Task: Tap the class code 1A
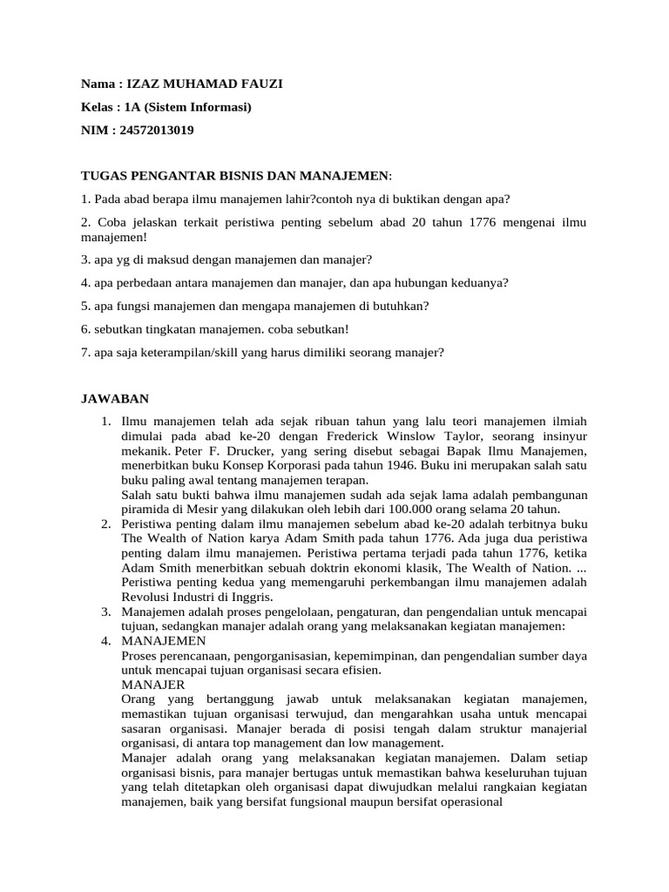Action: (134, 107)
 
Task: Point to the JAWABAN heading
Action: (115, 399)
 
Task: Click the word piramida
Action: (149, 510)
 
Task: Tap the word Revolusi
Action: (149, 597)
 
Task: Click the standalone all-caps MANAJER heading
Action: (153, 685)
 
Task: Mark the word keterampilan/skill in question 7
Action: (172, 352)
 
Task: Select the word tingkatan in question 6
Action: (178, 329)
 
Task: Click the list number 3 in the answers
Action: (104, 612)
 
